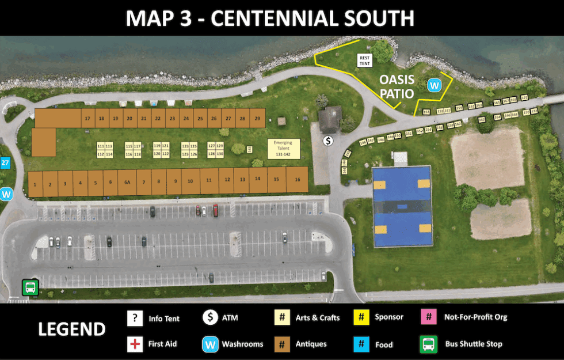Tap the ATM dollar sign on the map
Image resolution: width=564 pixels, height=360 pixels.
tap(328, 140)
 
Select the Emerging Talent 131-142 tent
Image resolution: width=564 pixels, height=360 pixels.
tap(284, 149)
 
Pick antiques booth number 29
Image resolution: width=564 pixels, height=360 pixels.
tap(257, 118)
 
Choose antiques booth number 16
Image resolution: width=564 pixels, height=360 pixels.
tap(297, 180)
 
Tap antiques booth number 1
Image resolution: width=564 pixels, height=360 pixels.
tap(35, 184)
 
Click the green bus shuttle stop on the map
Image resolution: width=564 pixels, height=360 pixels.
tap(30, 287)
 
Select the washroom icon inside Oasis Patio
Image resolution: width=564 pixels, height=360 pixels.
tap(435, 86)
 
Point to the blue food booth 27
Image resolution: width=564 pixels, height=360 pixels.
tap(5, 163)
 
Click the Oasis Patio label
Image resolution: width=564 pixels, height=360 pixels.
tap(397, 86)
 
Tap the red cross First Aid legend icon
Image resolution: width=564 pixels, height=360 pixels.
tap(135, 344)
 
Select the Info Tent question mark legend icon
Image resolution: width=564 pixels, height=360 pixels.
tap(135, 318)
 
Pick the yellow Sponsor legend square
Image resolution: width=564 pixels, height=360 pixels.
tap(360, 317)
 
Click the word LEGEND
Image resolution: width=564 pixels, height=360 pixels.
tap(72, 329)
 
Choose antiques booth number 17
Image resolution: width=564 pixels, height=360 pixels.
tap(87, 118)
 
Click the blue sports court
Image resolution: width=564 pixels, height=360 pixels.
tap(402, 206)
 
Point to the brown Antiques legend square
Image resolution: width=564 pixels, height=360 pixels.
tap(282, 344)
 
